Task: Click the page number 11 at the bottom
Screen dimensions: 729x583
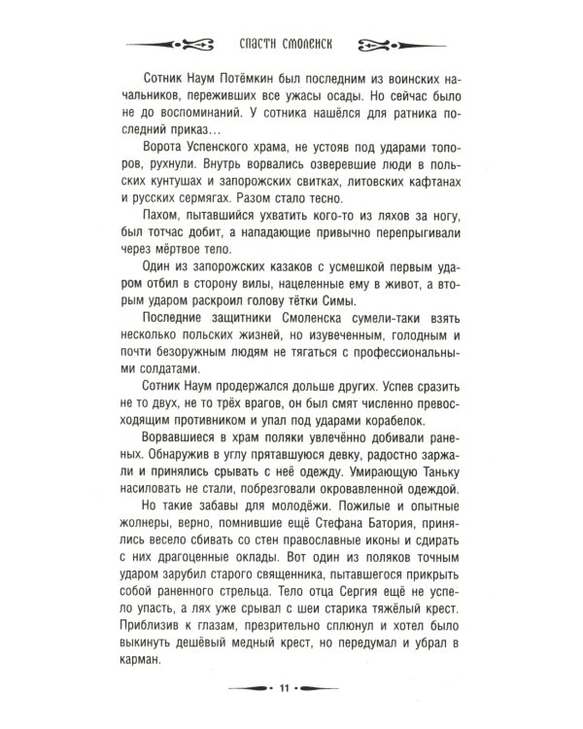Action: [x=285, y=689]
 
